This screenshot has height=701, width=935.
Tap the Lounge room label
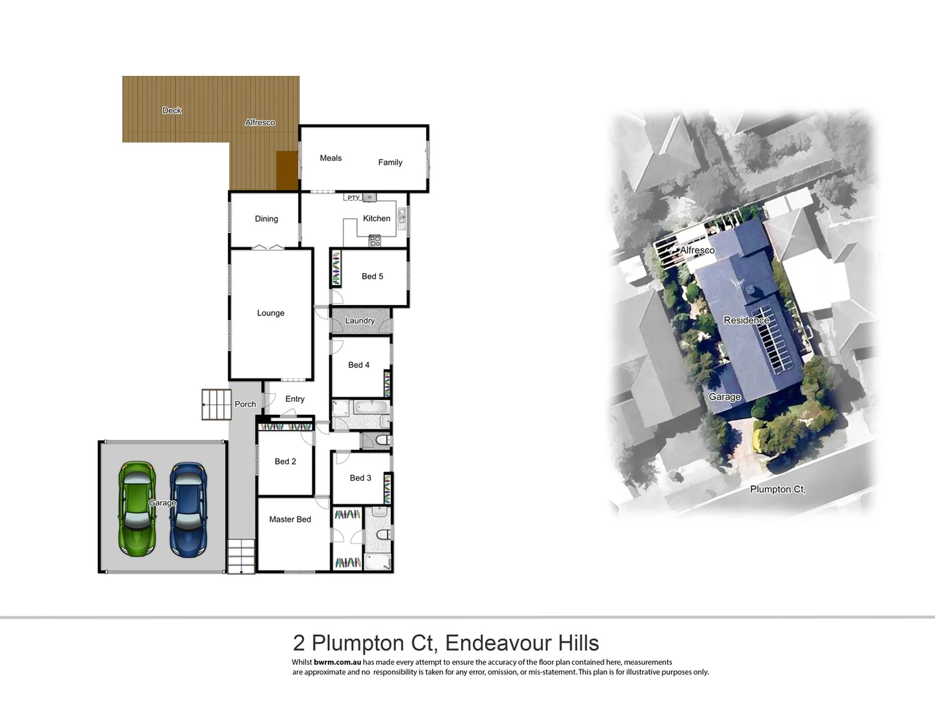[271, 313]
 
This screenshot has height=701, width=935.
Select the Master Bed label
[290, 519]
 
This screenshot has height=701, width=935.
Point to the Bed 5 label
[372, 277]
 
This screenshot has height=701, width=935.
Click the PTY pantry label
[353, 198]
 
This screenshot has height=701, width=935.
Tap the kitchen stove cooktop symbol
[375, 241]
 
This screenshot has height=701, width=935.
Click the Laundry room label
[360, 321]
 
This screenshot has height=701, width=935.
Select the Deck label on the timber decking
[172, 110]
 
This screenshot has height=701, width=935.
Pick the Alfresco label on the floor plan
[260, 123]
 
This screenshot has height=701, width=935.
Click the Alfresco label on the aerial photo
[697, 251]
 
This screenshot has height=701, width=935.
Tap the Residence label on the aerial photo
[746, 320]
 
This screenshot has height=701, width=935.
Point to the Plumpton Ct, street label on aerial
[777, 489]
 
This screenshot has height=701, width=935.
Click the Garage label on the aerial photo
[725, 397]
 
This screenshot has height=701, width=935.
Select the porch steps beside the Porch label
[216, 404]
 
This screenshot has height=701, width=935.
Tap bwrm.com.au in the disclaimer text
[337, 663]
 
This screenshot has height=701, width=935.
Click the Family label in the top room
[390, 162]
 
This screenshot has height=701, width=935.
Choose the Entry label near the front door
[295, 399]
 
